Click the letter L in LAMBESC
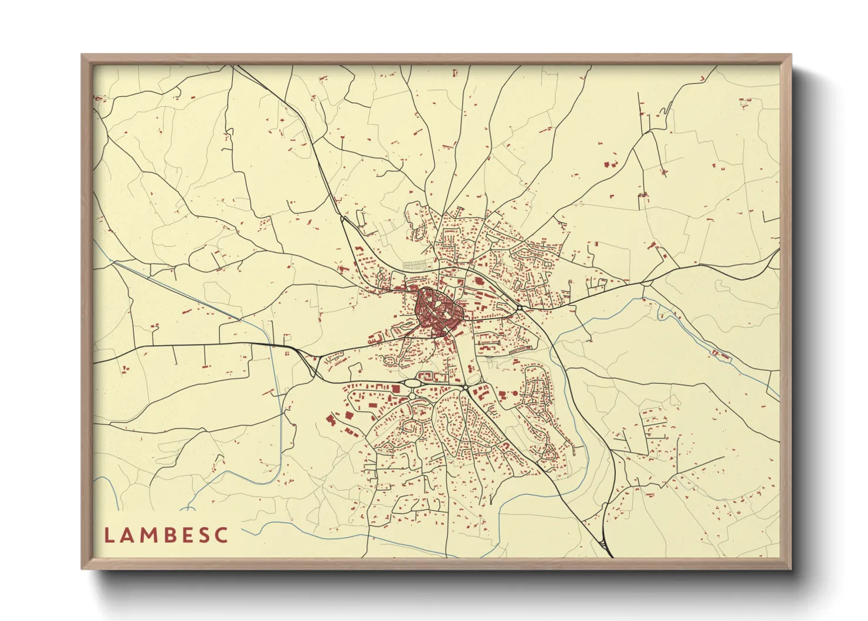coord(108,535)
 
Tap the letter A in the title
coord(127,535)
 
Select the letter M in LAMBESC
coord(147,535)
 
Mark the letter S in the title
coord(202,535)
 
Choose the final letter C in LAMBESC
coord(221,535)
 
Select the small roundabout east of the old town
coord(520,307)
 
